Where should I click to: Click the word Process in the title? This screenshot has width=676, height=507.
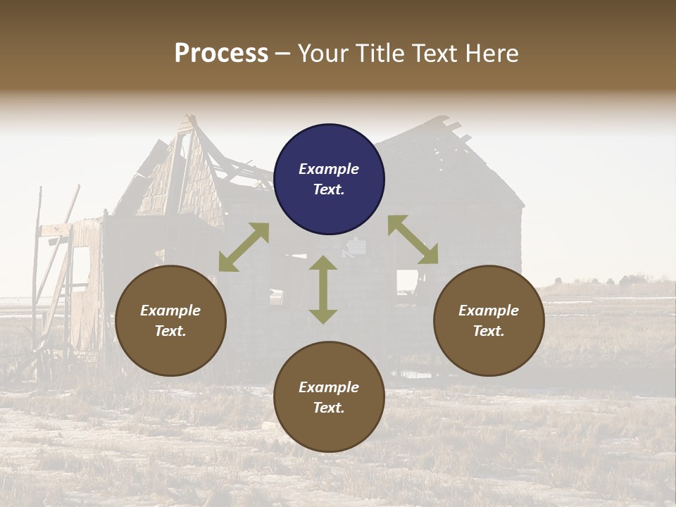[221, 54]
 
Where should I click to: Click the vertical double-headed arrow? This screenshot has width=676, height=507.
[323, 289]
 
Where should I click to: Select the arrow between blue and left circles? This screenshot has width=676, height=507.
[244, 247]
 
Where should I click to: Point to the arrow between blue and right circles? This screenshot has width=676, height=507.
[413, 239]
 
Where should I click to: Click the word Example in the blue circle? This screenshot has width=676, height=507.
[329, 169]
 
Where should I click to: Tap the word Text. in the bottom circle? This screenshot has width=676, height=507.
[329, 408]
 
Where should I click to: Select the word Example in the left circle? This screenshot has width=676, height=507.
[170, 311]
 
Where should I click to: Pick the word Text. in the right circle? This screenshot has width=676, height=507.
[489, 331]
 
